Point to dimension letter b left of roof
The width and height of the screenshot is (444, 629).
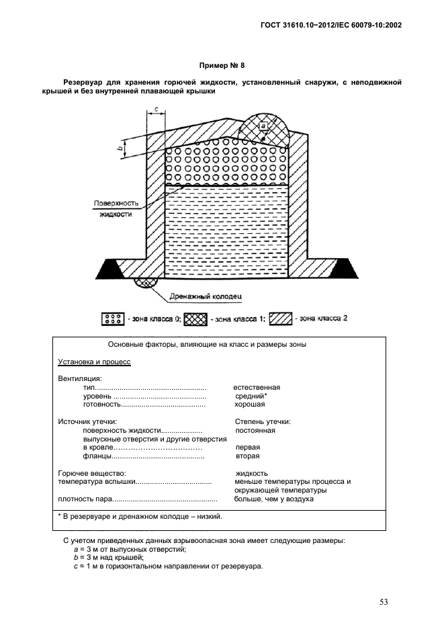click(x=119, y=149)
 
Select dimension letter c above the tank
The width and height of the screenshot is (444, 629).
click(x=156, y=109)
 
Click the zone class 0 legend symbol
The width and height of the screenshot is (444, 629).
click(x=112, y=319)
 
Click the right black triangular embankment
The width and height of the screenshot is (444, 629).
click(x=351, y=269)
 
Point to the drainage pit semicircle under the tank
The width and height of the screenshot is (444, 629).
click(x=144, y=283)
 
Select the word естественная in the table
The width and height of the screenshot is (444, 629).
click(x=257, y=388)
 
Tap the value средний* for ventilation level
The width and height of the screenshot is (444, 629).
click(x=247, y=396)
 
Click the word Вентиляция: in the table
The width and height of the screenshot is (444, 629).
click(x=80, y=379)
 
